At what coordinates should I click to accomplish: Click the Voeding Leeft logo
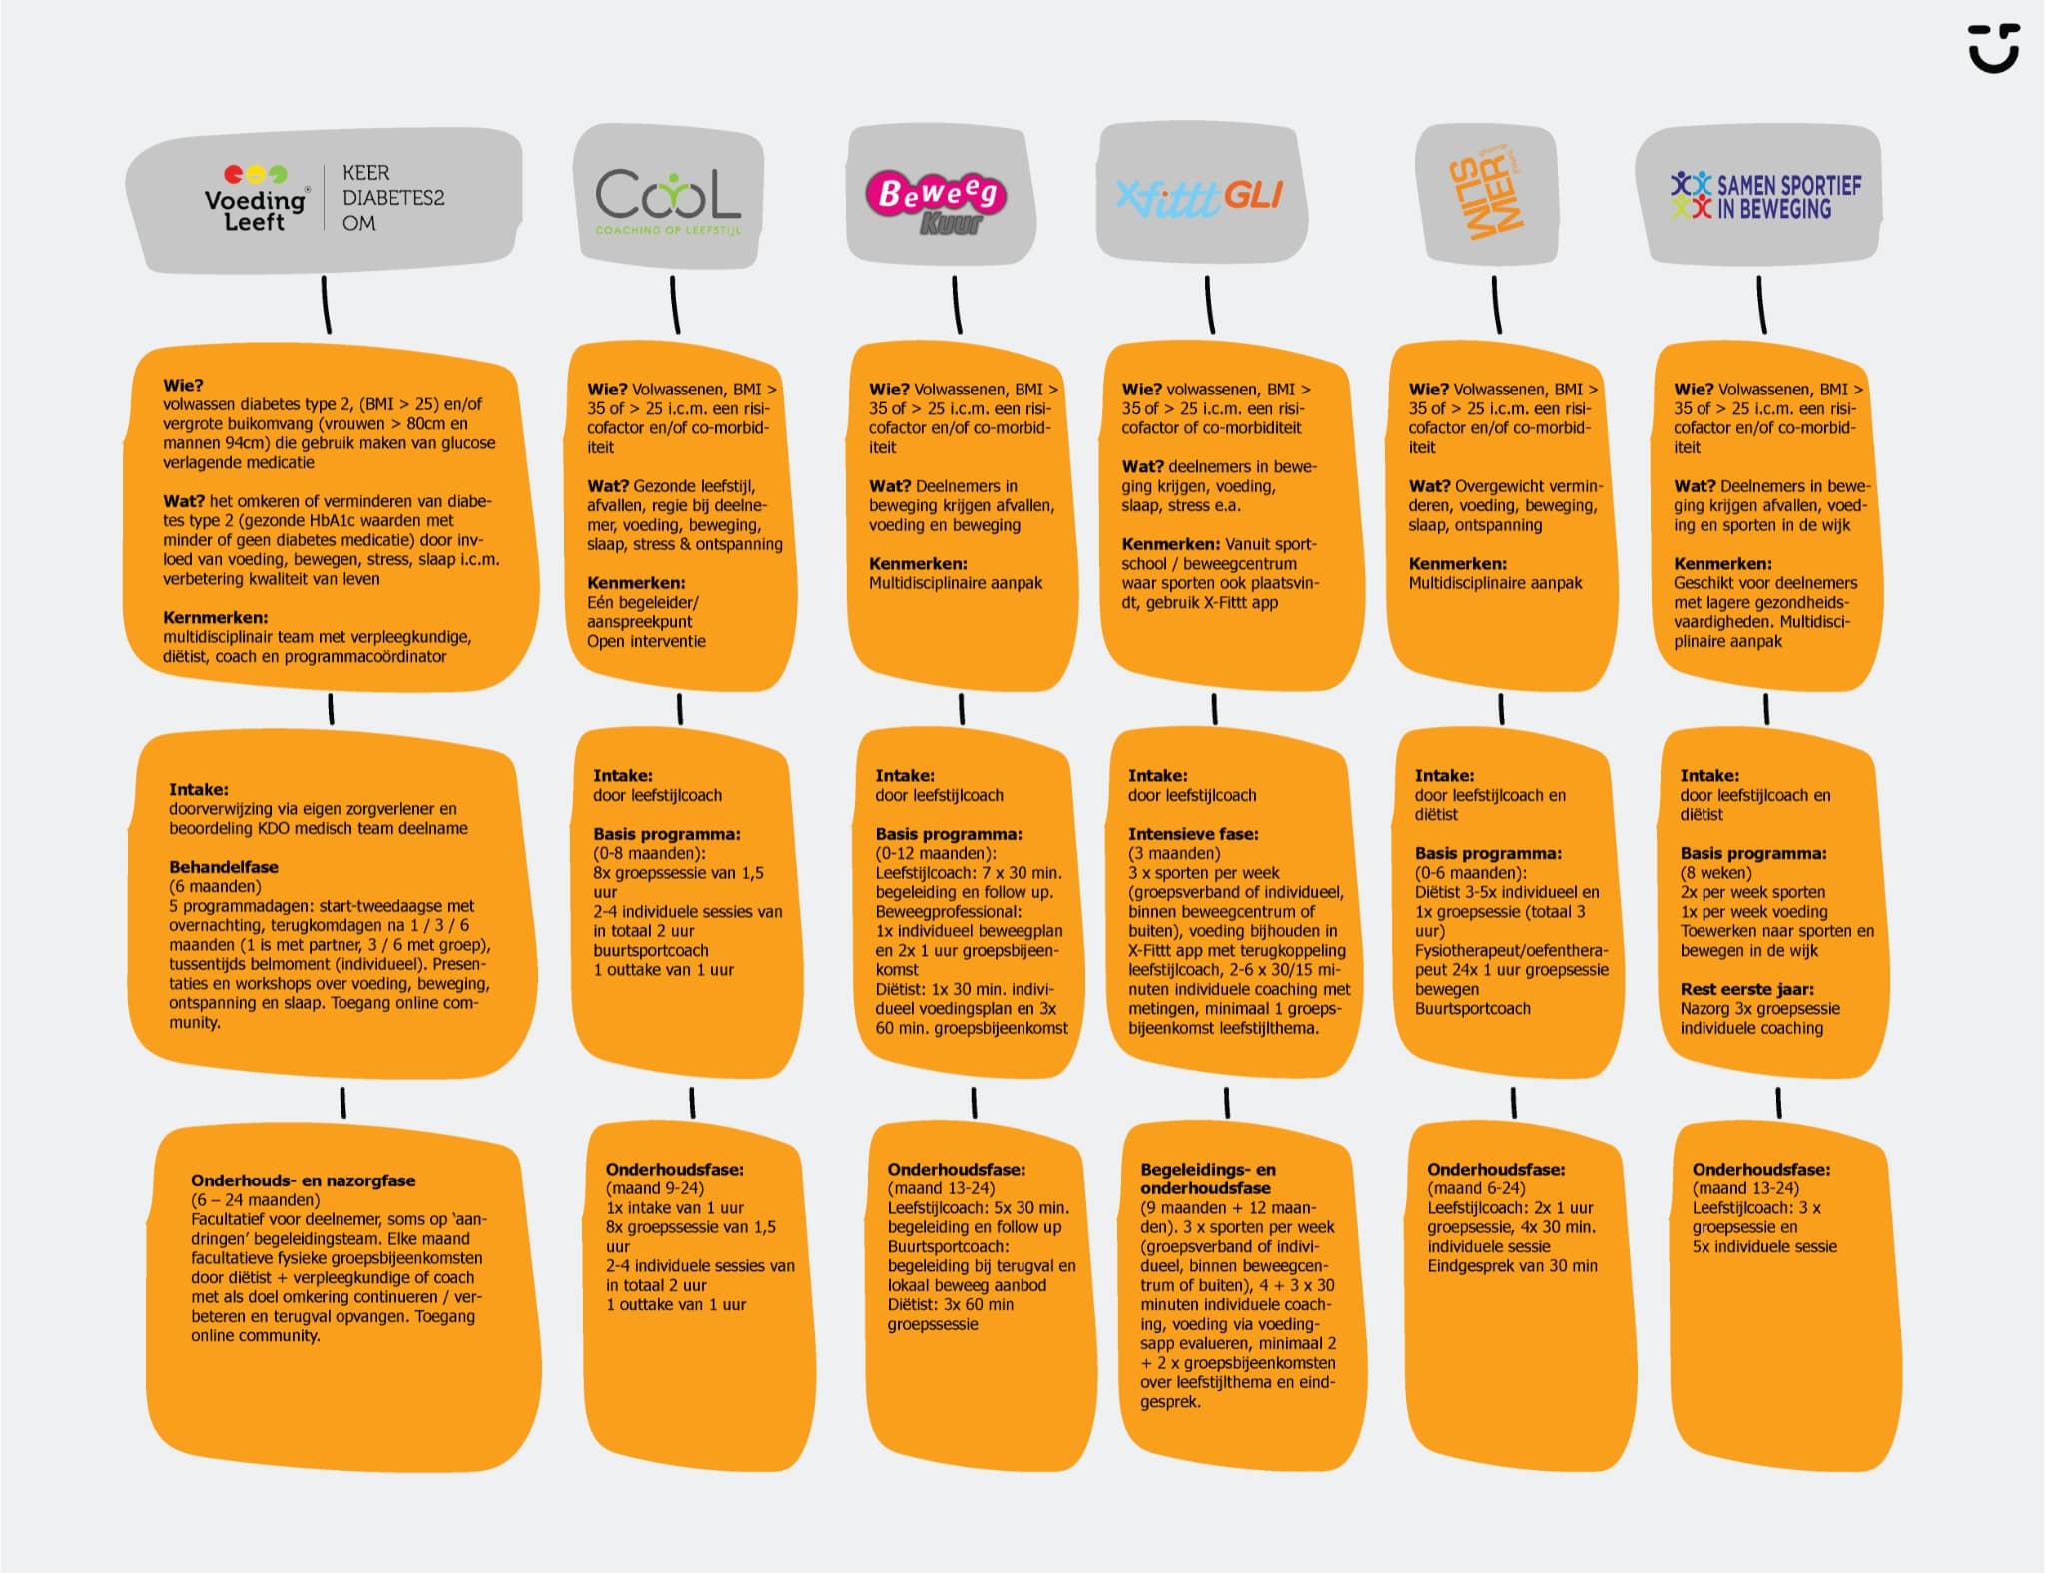point(257,199)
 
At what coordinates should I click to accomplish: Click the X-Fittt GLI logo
point(1199,197)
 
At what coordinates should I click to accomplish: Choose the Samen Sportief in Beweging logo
point(1765,196)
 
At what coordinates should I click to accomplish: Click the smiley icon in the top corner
point(1994,48)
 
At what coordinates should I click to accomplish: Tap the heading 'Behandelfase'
point(224,867)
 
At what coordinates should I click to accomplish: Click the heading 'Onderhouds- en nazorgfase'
point(304,1180)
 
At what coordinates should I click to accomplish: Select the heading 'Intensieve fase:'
point(1193,834)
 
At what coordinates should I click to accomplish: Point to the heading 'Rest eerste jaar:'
point(1746,989)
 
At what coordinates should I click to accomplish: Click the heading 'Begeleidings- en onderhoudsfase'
point(1208,1179)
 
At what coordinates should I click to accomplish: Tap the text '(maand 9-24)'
point(654,1188)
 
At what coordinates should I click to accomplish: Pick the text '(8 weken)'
point(1715,873)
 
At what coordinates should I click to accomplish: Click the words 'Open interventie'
point(646,641)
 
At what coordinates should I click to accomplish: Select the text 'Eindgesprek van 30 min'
point(1512,1266)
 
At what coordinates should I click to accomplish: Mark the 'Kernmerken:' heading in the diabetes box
point(215,618)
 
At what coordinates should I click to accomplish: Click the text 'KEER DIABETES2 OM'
point(393,198)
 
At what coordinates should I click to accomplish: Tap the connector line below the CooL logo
point(675,305)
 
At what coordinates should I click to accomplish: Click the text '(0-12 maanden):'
point(936,854)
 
